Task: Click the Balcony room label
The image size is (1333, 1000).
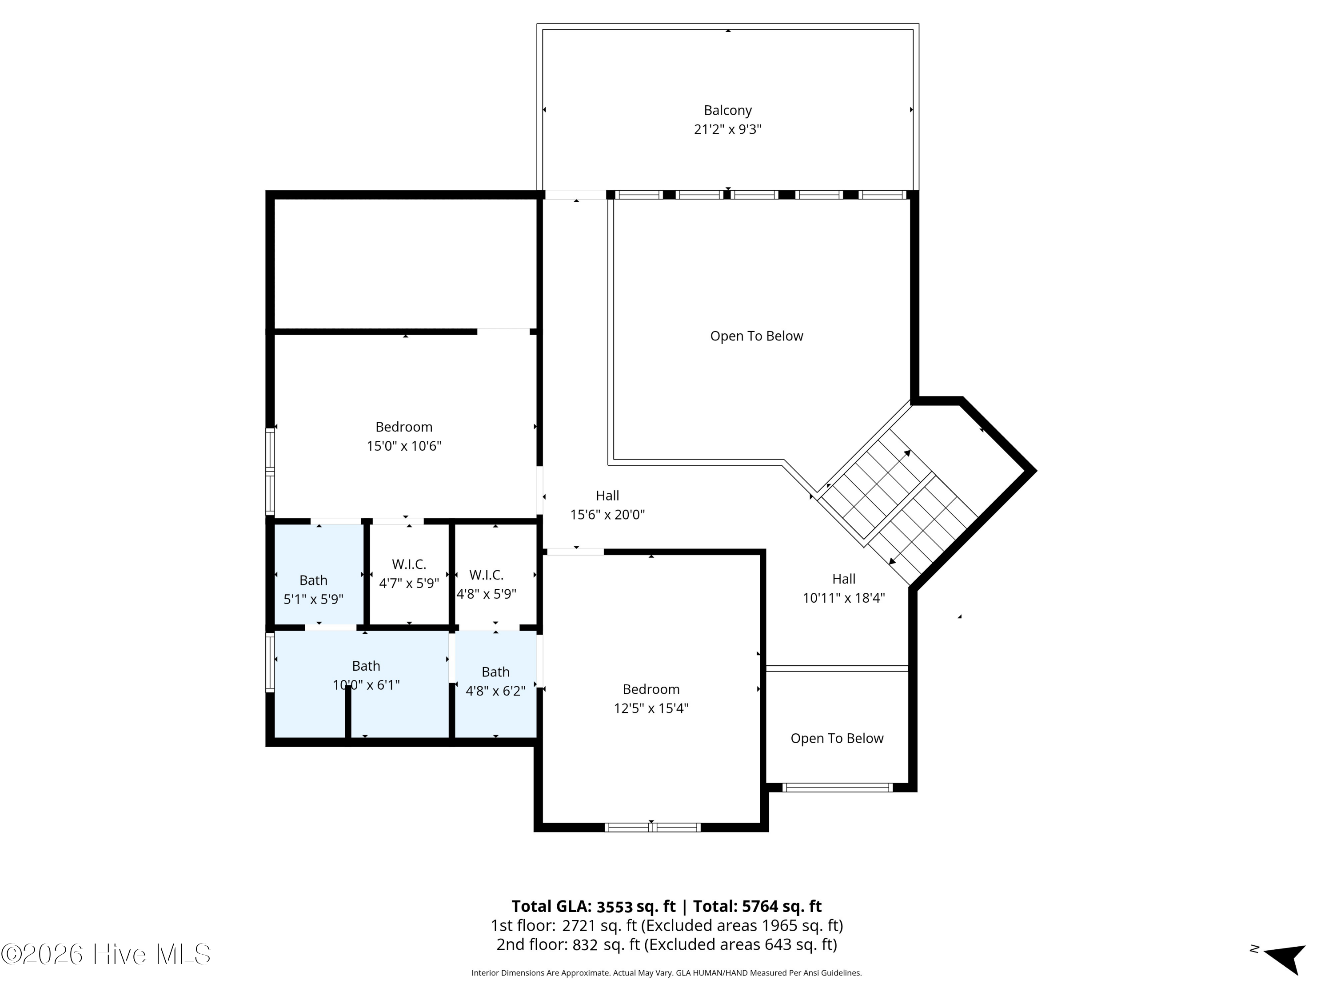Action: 727,110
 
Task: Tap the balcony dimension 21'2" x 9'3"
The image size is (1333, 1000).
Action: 727,130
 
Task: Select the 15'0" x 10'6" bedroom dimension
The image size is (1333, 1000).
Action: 404,446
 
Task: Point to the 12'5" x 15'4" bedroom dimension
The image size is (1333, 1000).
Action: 651,708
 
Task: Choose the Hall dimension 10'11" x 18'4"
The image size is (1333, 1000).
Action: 844,598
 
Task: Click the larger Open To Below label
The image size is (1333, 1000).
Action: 756,336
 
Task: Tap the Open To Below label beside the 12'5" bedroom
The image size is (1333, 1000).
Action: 837,738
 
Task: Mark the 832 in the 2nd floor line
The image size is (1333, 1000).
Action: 585,944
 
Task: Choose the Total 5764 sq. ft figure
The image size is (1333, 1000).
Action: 782,907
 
